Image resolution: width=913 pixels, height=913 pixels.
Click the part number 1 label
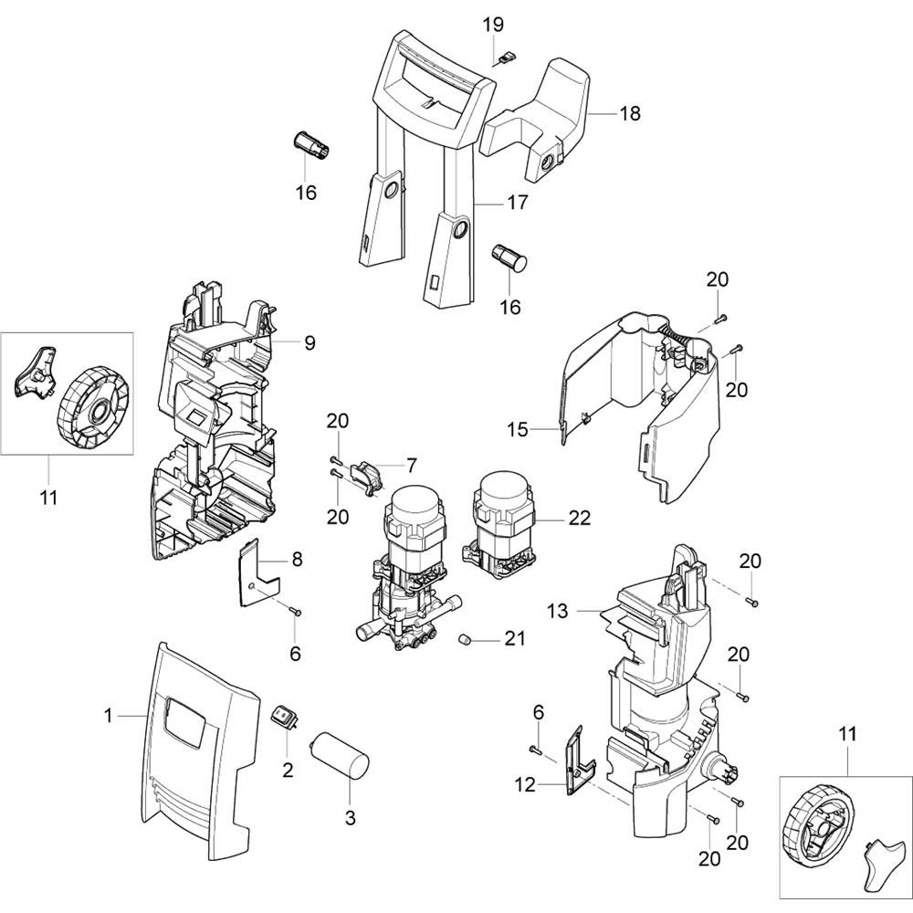[x=109, y=717]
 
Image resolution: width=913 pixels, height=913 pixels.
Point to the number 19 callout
[x=494, y=25]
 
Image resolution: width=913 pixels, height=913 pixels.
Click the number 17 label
[x=517, y=203]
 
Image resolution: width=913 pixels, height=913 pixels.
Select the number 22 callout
[x=579, y=518]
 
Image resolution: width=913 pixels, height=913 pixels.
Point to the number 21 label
[x=515, y=638]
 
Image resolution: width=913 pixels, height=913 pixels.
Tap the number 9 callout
[x=309, y=343]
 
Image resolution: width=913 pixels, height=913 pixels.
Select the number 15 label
[x=518, y=429]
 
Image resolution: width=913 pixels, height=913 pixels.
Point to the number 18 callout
[x=629, y=114]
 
